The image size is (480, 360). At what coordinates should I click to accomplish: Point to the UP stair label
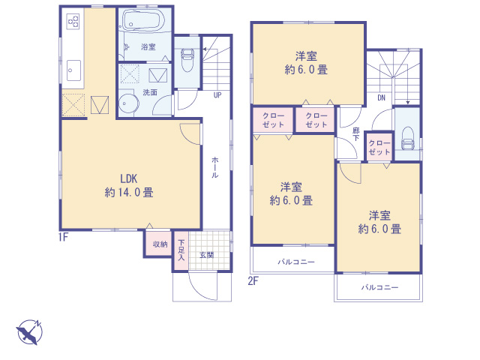coord(217,95)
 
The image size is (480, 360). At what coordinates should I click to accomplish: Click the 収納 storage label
coord(160,244)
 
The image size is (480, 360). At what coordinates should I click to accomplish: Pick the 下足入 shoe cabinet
coord(181,250)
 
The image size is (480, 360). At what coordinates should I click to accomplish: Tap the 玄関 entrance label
coord(206,255)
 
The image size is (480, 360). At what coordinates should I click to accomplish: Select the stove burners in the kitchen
coord(73,22)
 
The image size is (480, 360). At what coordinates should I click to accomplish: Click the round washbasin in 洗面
coord(127,105)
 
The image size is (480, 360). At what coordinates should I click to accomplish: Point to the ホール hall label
coord(215,166)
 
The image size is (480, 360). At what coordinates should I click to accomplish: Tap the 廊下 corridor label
coord(355,134)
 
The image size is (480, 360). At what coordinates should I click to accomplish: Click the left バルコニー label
coord(295,262)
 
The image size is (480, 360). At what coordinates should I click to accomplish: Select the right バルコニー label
coord(379,287)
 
